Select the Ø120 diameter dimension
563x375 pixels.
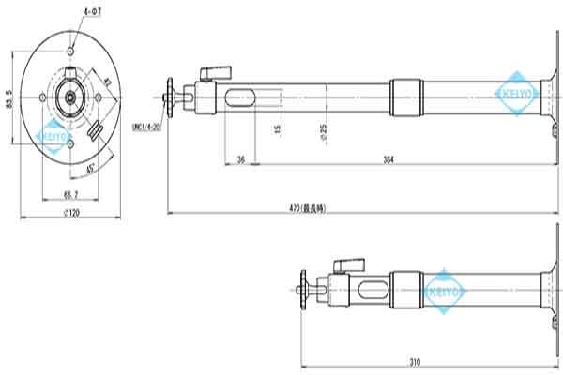(70, 213)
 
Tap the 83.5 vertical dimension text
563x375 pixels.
(9, 97)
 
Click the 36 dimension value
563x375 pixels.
(240, 160)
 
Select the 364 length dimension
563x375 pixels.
(388, 160)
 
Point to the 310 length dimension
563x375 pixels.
(415, 360)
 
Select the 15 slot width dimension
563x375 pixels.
(279, 128)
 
